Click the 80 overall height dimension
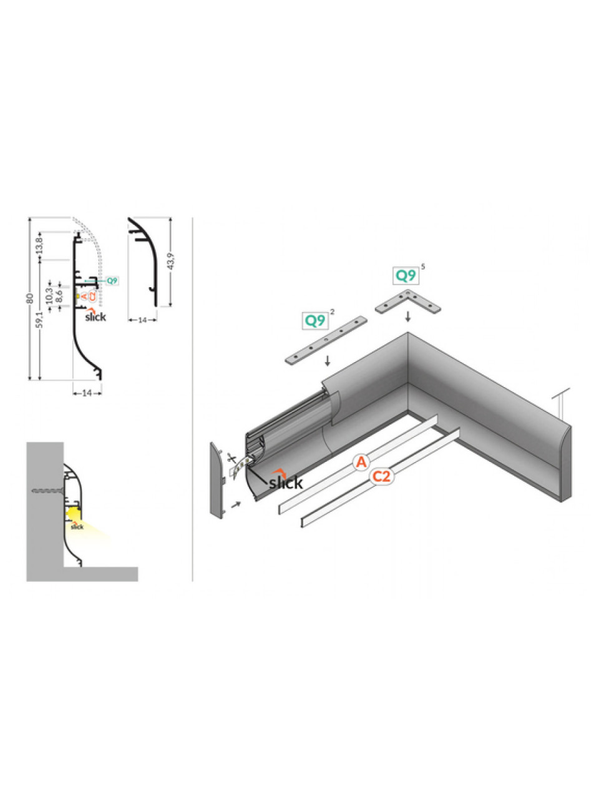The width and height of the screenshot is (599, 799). click(31, 298)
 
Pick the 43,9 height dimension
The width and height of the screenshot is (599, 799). click(172, 261)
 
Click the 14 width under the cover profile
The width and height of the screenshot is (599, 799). click(142, 320)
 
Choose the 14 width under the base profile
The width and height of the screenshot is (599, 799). click(87, 393)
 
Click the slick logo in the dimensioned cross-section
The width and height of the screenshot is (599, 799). click(95, 315)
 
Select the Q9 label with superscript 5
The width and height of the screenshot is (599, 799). click(406, 275)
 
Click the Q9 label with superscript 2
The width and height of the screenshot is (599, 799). click(315, 320)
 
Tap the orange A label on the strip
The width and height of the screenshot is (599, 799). click(361, 462)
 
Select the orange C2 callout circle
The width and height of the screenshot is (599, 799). click(381, 476)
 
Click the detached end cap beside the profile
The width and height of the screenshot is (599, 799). click(218, 480)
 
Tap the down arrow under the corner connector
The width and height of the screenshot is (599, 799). click(408, 316)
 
